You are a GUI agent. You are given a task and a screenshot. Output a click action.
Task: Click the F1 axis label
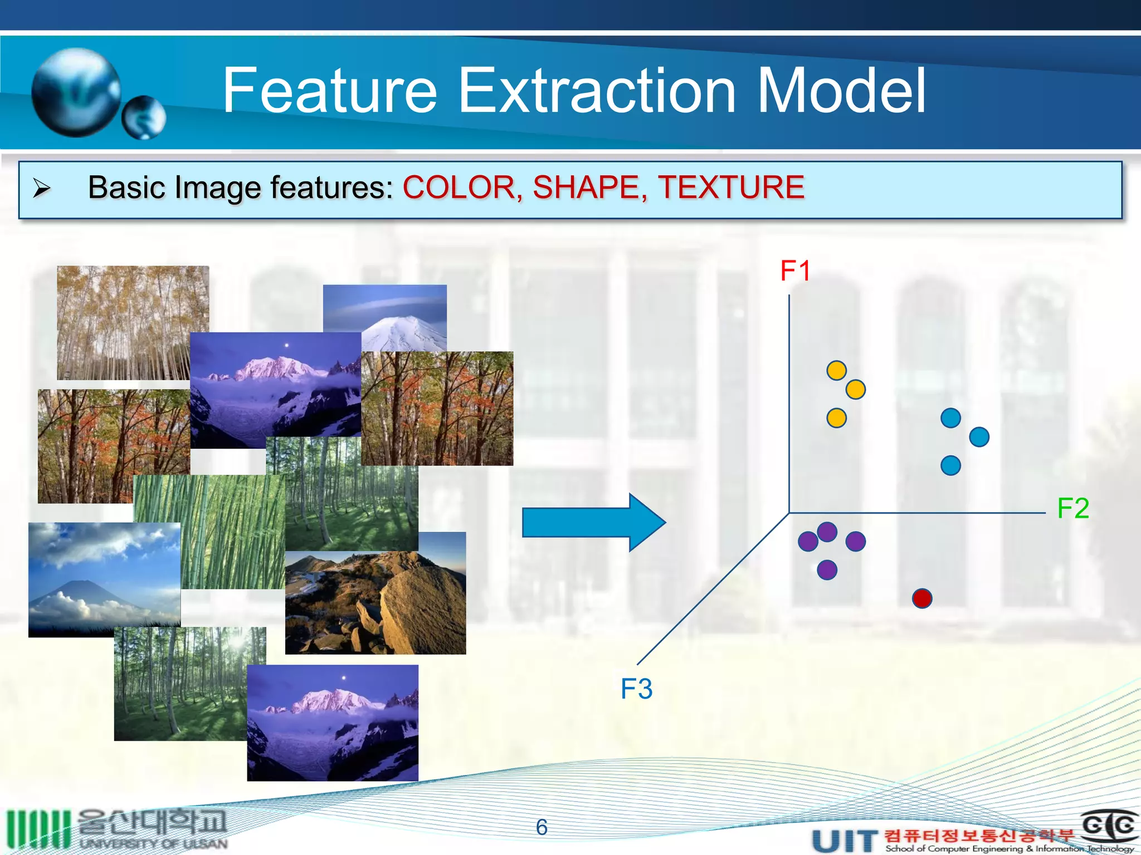pyautogui.click(x=795, y=271)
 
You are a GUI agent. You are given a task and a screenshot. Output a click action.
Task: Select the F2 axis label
pyautogui.click(x=1072, y=508)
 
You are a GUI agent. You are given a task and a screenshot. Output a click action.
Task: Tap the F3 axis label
pyautogui.click(x=636, y=689)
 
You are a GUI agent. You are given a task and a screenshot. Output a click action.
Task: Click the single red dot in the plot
pyautogui.click(x=922, y=598)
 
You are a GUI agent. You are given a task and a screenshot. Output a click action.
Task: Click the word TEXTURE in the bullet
pyautogui.click(x=731, y=187)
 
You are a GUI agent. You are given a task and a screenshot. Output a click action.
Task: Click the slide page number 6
pyautogui.click(x=542, y=827)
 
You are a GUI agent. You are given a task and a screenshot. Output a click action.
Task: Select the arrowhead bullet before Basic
pyautogui.click(x=42, y=188)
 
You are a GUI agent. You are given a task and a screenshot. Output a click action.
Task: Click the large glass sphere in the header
pyautogui.click(x=76, y=92)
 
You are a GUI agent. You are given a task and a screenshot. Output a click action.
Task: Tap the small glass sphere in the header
pyautogui.click(x=144, y=117)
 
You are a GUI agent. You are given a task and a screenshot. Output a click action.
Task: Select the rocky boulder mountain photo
pyautogui.click(x=375, y=602)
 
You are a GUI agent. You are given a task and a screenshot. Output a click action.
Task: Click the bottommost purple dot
pyautogui.click(x=827, y=570)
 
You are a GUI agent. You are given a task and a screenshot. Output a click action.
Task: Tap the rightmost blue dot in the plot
pyautogui.click(x=979, y=437)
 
